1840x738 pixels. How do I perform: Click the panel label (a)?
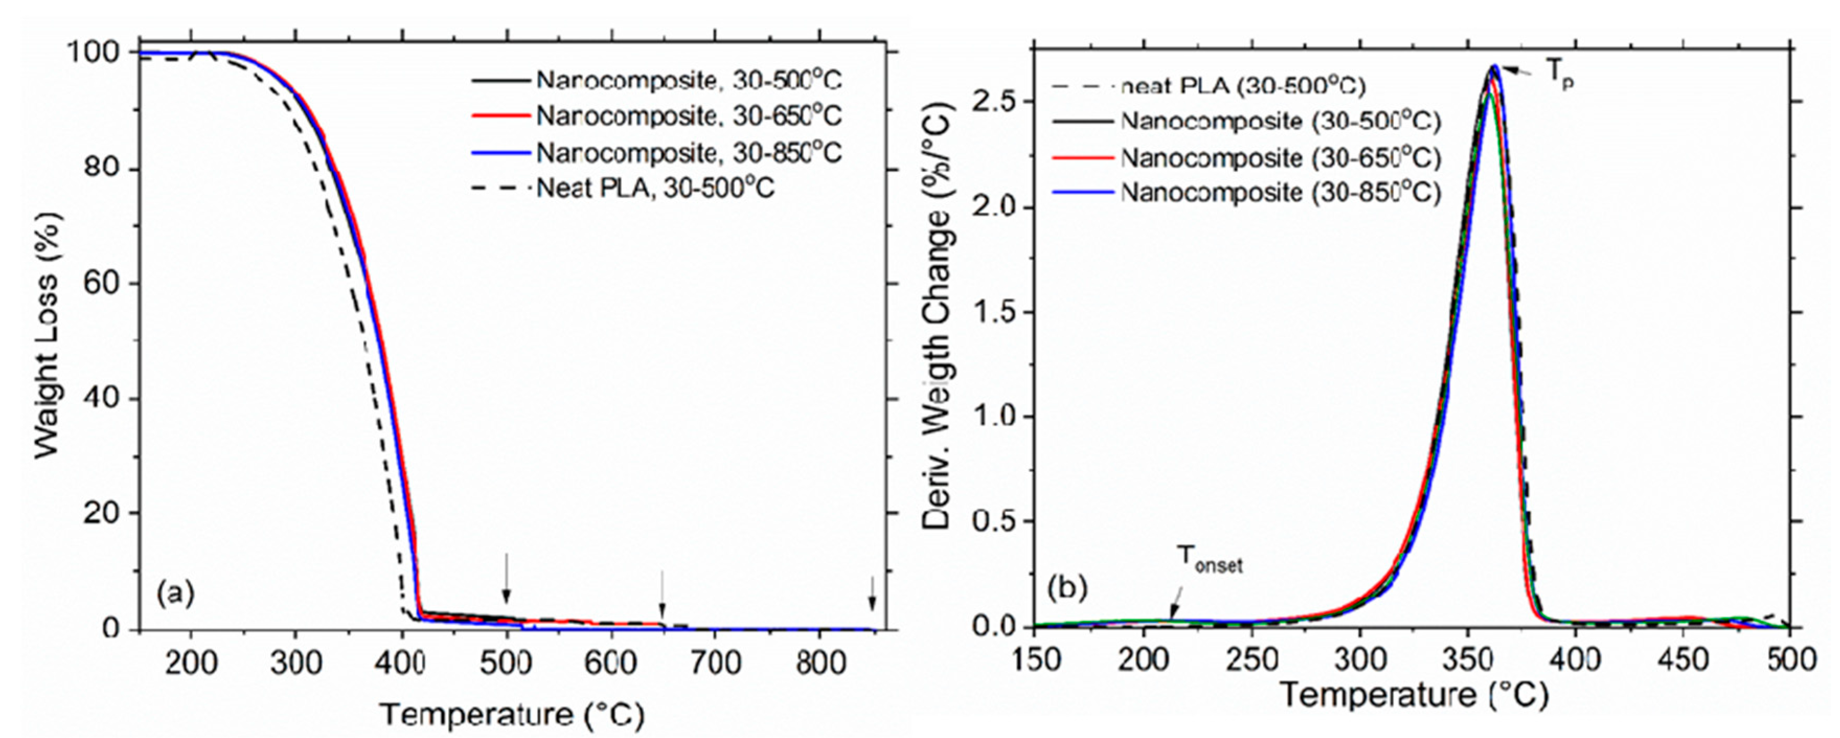[x=176, y=594]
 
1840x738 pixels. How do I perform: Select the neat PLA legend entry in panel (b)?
[x=1243, y=86]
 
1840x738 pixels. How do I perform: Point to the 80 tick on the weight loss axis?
[x=104, y=169]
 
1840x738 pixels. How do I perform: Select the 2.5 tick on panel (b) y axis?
[x=993, y=102]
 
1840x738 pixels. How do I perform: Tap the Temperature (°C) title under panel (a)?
[x=511, y=714]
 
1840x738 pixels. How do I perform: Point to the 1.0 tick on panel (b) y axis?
[x=993, y=417]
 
